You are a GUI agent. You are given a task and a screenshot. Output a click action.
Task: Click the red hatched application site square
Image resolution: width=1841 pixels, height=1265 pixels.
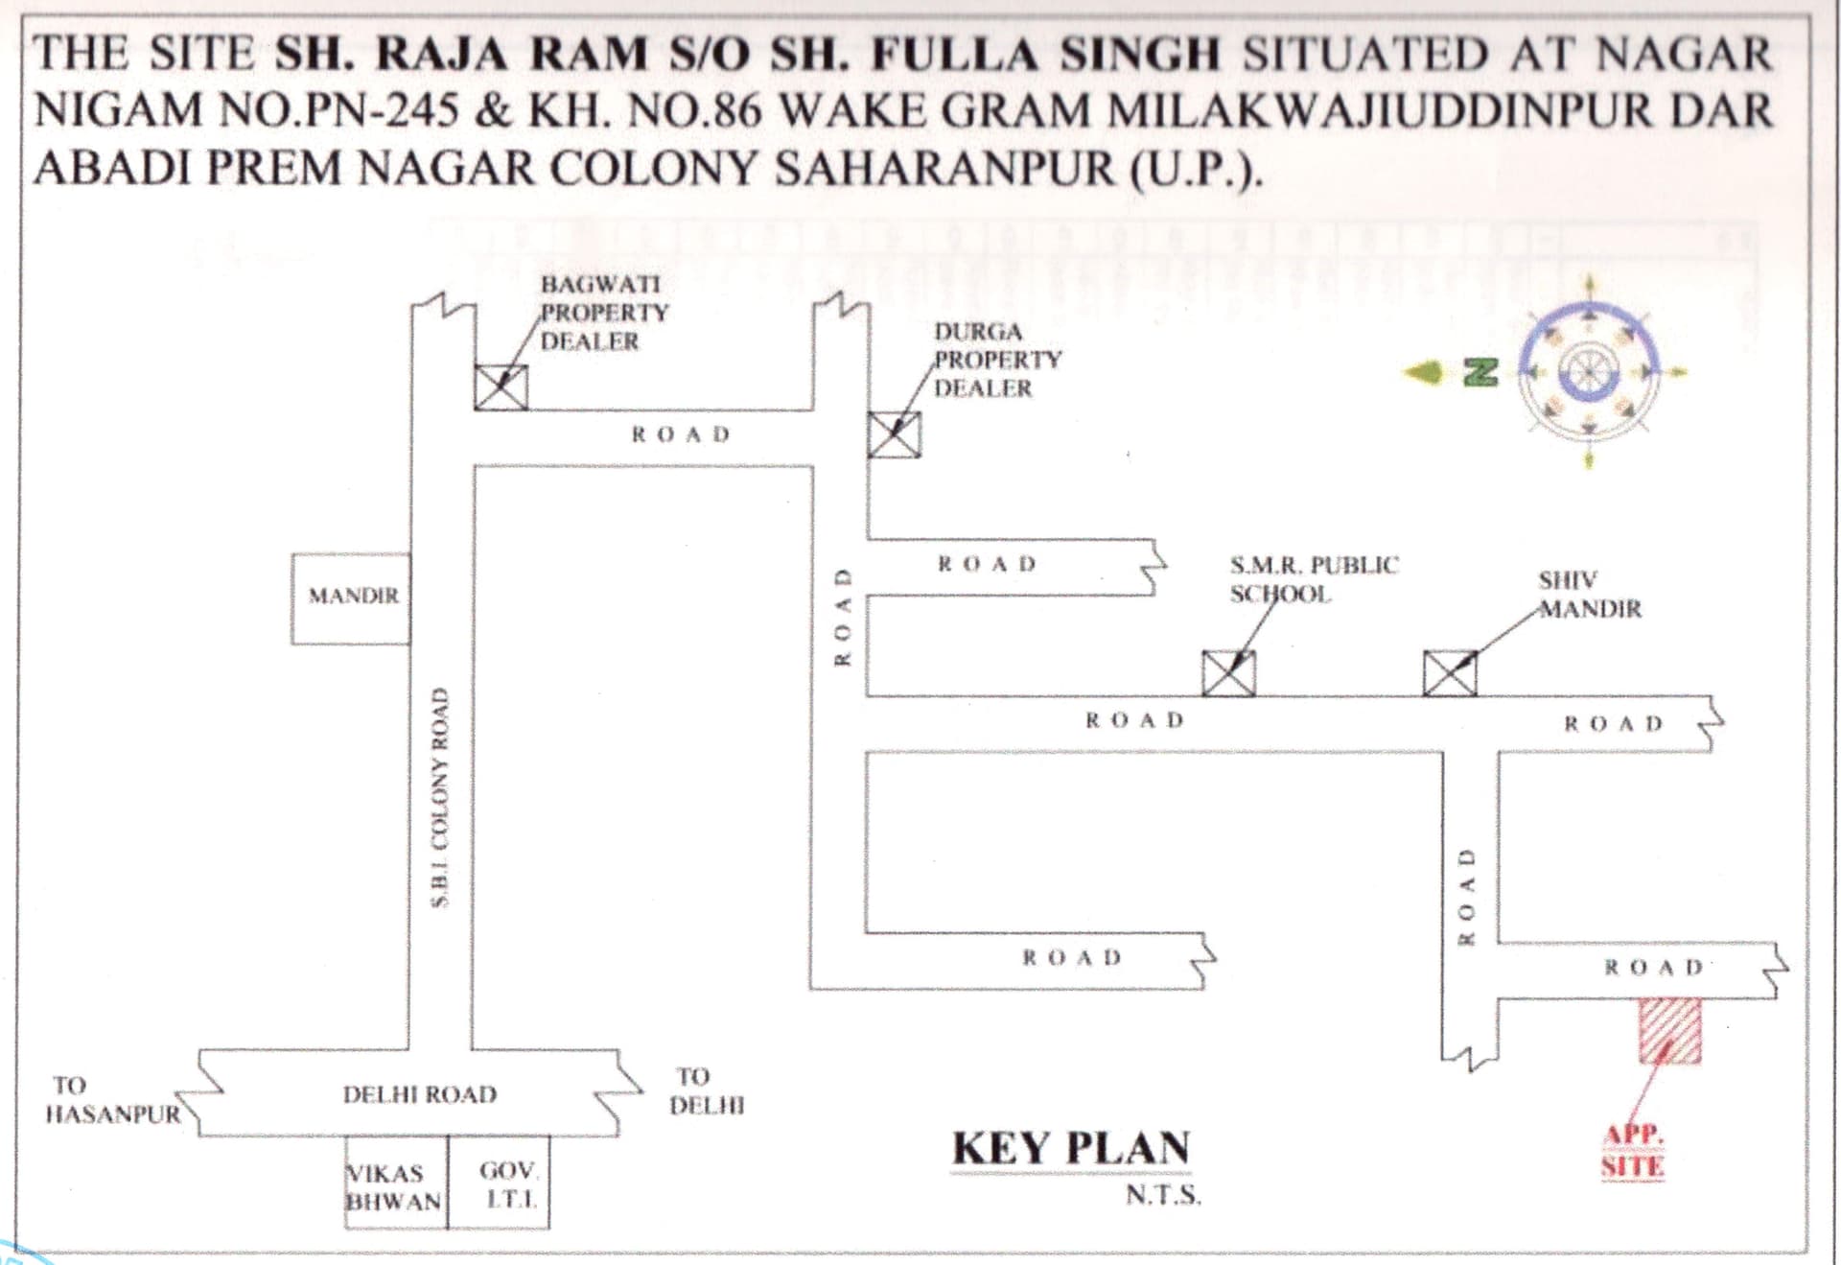(x=1669, y=1031)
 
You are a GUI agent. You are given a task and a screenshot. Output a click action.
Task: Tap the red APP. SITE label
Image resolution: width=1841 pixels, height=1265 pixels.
(x=1633, y=1150)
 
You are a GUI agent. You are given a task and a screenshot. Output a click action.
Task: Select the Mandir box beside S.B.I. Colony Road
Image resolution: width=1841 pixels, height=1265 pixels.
(x=351, y=598)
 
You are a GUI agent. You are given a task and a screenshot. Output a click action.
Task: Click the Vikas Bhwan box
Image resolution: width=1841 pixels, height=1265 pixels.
(x=396, y=1183)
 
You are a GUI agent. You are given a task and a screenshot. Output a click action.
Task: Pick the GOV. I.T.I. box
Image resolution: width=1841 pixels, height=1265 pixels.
(x=499, y=1183)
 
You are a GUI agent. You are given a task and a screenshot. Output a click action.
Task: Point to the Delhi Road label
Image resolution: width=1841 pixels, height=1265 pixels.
(x=420, y=1094)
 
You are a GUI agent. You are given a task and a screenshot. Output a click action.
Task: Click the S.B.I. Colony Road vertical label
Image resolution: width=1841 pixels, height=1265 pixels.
(x=440, y=797)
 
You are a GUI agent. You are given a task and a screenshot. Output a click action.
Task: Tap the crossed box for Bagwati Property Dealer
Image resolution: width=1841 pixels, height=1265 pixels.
(x=501, y=387)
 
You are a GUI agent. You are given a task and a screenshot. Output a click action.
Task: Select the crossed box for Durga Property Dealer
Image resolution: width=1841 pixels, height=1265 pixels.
(x=894, y=434)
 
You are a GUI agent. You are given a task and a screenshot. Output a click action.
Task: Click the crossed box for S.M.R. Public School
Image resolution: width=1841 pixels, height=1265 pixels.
(x=1228, y=673)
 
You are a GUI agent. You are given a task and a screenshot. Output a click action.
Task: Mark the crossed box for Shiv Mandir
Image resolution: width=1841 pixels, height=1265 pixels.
(x=1450, y=673)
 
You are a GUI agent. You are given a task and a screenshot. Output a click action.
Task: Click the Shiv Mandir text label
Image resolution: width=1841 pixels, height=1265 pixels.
(x=1590, y=595)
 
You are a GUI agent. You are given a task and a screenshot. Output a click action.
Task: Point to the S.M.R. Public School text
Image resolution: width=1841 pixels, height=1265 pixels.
(x=1314, y=579)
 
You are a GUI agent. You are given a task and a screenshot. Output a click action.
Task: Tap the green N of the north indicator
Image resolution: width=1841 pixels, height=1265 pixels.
(x=1480, y=372)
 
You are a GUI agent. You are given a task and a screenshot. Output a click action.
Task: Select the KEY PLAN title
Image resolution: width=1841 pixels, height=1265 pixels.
(x=1070, y=1148)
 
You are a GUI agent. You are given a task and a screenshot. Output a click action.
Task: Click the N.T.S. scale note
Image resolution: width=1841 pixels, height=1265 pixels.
(x=1163, y=1196)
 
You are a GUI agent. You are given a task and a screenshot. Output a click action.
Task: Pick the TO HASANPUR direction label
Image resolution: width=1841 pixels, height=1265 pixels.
(x=113, y=1100)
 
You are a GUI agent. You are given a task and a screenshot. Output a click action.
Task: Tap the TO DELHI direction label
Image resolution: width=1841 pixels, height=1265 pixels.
(x=707, y=1091)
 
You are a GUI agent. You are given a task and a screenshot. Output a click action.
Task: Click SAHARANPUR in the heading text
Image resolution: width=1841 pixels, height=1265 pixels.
(x=944, y=170)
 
